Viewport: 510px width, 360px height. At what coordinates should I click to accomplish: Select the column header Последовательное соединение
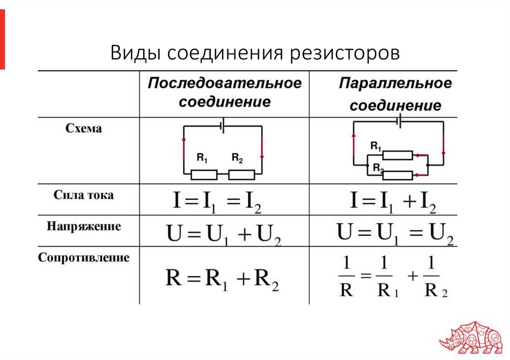225,93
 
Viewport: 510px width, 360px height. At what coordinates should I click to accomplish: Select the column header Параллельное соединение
395,94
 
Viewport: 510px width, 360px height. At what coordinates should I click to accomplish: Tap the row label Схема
84,128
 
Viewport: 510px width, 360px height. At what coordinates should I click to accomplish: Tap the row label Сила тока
84,195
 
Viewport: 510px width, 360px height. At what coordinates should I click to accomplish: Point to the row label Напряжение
84,227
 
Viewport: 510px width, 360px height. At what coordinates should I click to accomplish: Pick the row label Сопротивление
84,258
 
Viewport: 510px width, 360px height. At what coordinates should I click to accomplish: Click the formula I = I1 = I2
217,202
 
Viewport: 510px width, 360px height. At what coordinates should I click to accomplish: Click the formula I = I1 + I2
393,202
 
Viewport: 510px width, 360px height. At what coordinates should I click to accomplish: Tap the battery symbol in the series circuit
223,126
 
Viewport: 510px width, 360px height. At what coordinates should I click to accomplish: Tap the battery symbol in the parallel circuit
398,121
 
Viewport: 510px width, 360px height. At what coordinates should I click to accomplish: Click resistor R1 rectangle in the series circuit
204,175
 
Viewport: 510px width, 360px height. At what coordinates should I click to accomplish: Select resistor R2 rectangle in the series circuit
242,175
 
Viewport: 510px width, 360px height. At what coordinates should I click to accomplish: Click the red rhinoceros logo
471,339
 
